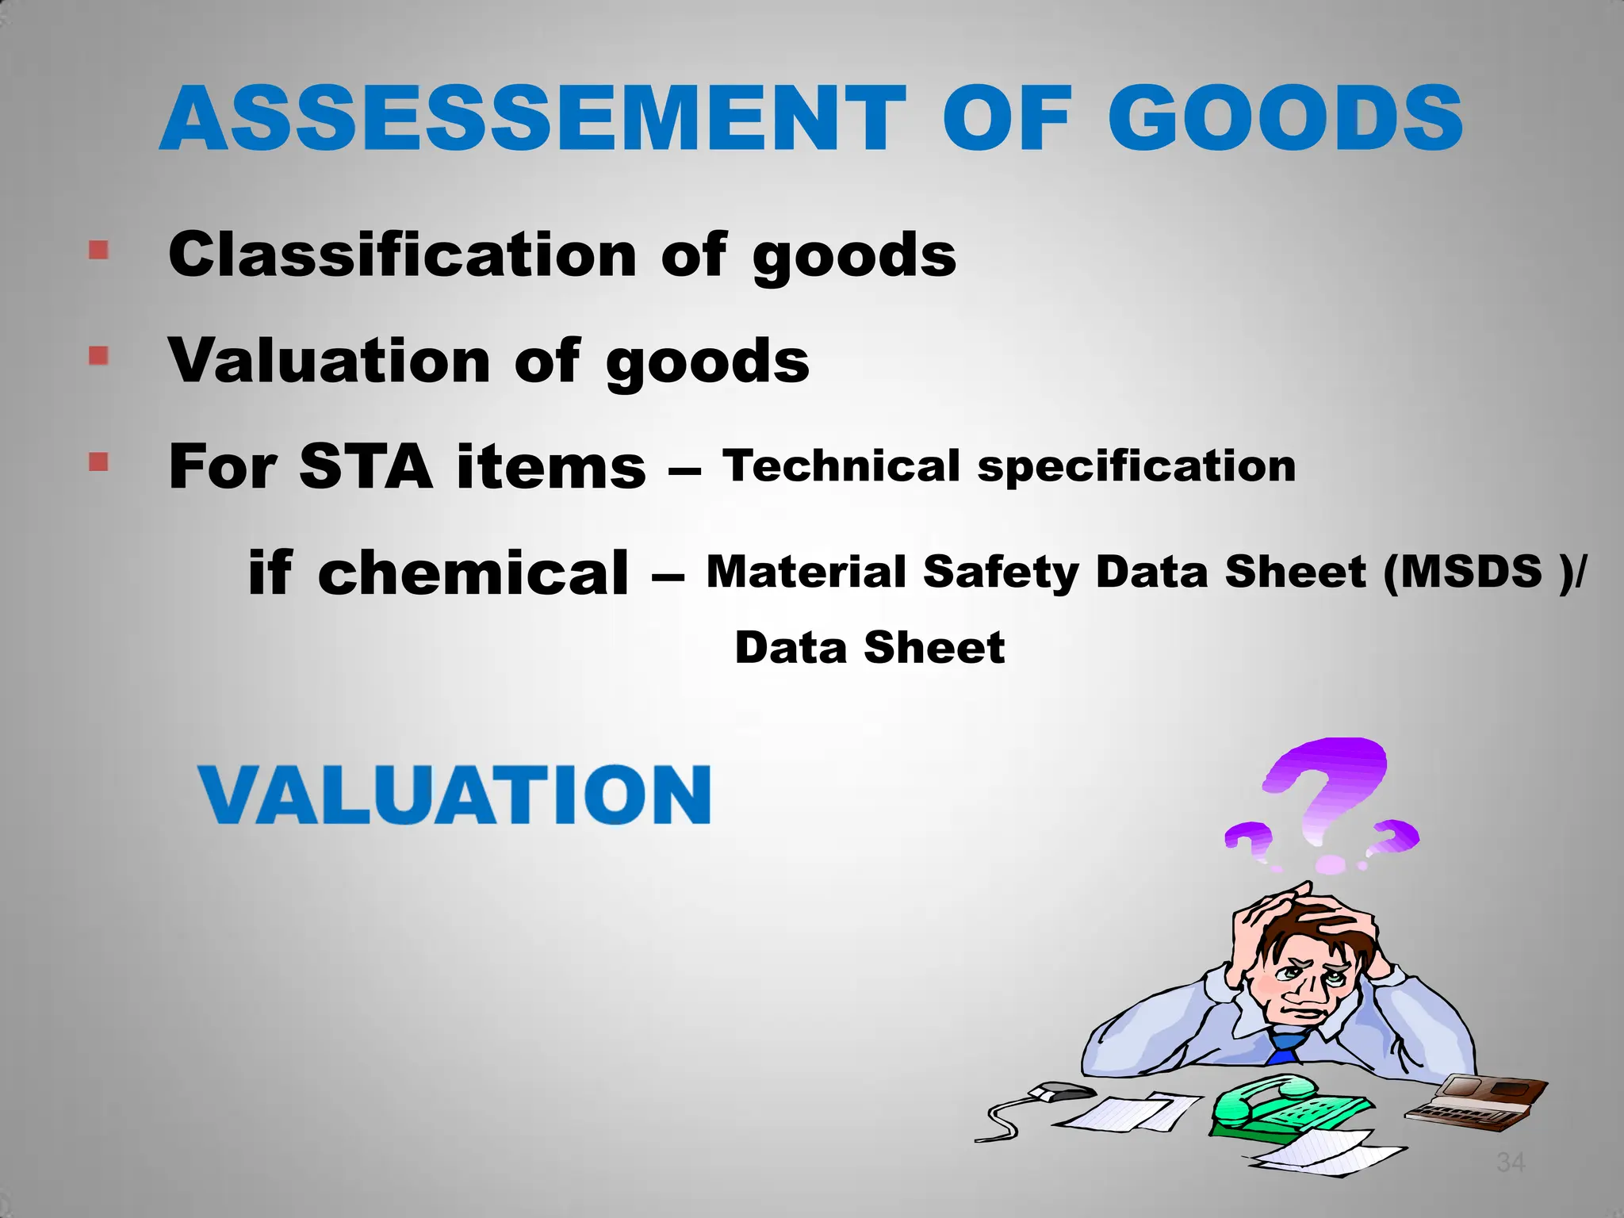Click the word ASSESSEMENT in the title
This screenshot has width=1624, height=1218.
point(532,120)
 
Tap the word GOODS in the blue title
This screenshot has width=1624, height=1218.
point(1285,120)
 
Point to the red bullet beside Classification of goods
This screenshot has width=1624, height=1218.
point(98,251)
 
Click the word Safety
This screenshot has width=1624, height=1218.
point(1001,573)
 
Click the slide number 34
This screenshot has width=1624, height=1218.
point(1510,1162)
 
